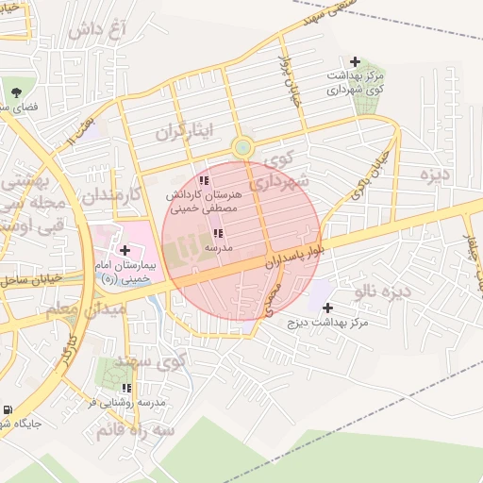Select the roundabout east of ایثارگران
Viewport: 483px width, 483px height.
click(242, 147)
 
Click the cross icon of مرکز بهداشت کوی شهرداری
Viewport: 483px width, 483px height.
click(355, 60)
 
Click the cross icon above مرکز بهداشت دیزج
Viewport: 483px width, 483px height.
click(327, 308)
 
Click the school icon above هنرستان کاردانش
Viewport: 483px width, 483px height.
click(204, 180)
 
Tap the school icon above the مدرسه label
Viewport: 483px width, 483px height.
click(218, 233)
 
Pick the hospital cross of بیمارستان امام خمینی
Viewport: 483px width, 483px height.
click(125, 250)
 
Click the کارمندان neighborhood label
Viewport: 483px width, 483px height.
click(109, 195)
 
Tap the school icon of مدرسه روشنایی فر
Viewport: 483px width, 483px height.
click(126, 388)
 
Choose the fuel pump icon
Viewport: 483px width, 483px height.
click(8, 410)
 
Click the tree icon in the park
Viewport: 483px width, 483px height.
click(16, 92)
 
